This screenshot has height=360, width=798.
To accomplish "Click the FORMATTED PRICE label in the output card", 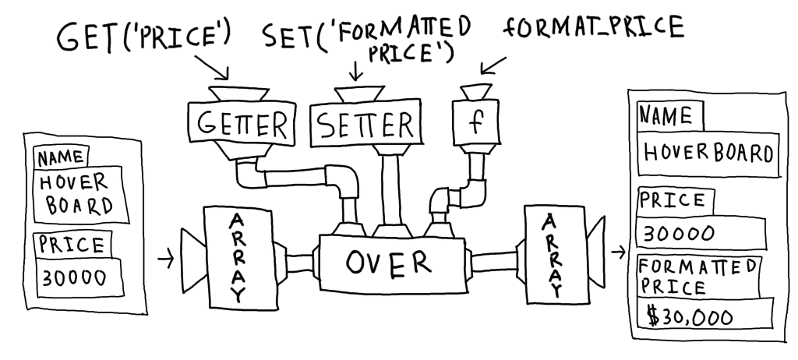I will tap(696, 275).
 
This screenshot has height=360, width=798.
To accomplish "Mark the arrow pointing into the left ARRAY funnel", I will tap(165, 259).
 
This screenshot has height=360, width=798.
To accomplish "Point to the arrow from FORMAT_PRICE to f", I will tap(495, 65).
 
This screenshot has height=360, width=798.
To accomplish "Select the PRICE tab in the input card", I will tap(71, 245).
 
